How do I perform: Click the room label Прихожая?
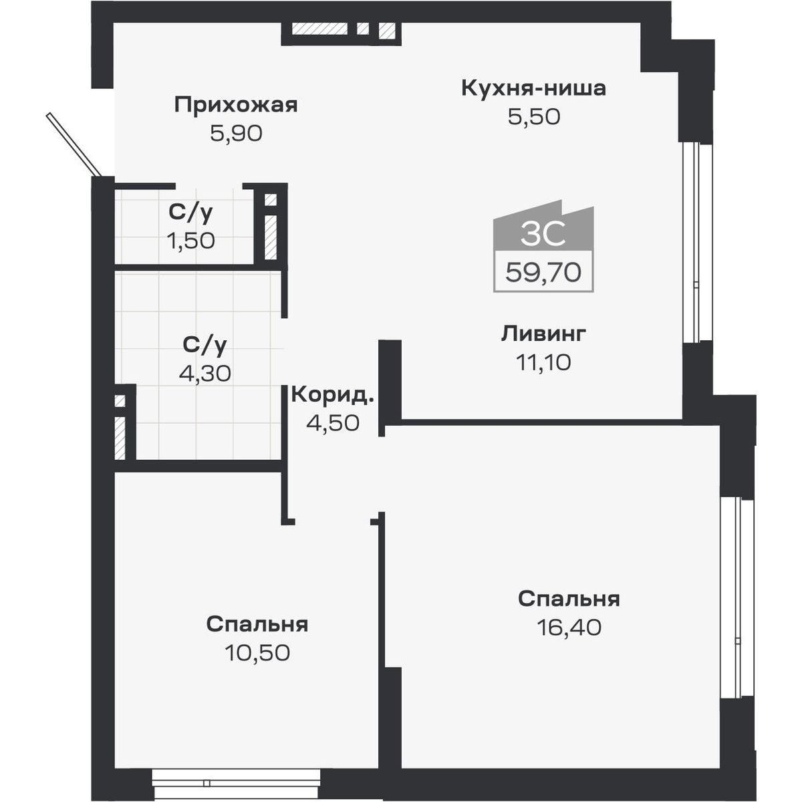tap(235, 105)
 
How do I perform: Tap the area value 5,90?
tap(235, 134)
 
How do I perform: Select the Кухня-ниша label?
tap(533, 88)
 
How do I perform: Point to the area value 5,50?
tap(533, 117)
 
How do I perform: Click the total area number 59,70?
tap(543, 273)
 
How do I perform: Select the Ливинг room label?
tap(543, 333)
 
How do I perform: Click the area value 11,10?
tap(543, 362)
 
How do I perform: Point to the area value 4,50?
tap(332, 422)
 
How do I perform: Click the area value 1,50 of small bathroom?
tap(190, 240)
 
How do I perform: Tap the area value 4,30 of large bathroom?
tap(205, 373)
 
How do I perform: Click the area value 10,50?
tap(257, 652)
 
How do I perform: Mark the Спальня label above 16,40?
tap(569, 599)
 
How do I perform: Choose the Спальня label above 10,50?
tap(257, 624)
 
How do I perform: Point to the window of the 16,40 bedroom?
tap(735, 597)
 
